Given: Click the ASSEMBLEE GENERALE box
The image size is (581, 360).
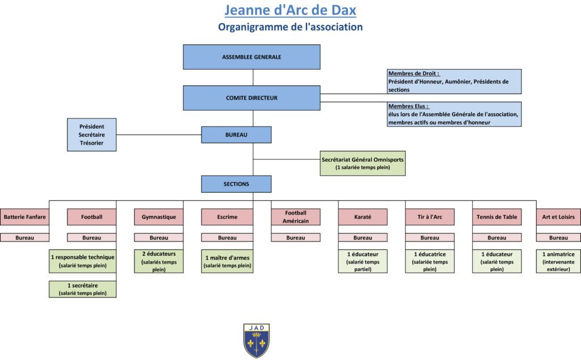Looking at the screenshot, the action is (251, 57).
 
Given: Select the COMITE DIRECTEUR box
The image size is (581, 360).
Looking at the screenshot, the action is (251, 98).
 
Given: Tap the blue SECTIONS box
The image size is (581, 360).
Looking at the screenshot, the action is (237, 184).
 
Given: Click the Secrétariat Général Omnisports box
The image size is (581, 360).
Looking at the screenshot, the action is (363, 163).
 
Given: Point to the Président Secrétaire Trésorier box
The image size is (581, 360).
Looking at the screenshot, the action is (91, 135).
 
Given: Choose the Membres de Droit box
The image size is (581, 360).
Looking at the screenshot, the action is (454, 82).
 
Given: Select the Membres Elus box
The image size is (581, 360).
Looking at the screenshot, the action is (454, 114).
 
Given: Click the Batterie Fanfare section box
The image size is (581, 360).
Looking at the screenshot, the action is (24, 217).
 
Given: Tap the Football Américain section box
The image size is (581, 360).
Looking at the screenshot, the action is (296, 217).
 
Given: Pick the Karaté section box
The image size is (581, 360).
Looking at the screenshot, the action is (363, 217).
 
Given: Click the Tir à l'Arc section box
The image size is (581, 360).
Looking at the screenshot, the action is (430, 217).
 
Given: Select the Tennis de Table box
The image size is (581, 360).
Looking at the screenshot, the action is (497, 217).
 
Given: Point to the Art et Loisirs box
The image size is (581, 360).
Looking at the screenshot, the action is (558, 217).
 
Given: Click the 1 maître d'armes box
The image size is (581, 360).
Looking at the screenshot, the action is (227, 261).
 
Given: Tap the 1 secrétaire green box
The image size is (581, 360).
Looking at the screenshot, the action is (83, 289).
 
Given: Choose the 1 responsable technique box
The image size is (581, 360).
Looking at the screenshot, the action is (83, 261).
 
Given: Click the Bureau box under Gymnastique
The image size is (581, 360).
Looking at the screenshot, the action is (159, 238).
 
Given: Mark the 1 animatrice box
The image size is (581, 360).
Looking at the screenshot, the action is (558, 261).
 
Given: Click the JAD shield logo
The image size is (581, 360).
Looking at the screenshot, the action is (256, 341).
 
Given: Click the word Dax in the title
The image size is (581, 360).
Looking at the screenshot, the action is (343, 10).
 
